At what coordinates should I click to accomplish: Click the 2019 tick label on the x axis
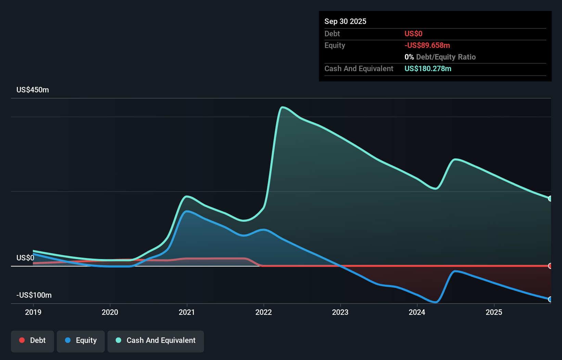coord(33,312)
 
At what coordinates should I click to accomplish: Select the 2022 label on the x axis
coord(264,312)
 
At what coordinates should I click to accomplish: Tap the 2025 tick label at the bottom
coord(494,312)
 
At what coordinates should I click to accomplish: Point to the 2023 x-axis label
coord(340,312)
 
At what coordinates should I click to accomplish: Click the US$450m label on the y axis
coord(33,90)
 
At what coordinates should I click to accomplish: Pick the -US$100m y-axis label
coord(34,295)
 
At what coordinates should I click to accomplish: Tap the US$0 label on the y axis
coord(25,258)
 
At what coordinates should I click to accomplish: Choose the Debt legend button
coord(33,340)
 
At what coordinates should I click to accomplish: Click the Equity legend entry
coord(81,340)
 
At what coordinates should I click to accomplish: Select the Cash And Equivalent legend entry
coord(156,340)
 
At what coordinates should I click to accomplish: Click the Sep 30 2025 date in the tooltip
coord(345,21)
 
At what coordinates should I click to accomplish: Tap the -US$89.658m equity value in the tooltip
coord(427,45)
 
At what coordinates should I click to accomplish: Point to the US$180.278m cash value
coord(428,68)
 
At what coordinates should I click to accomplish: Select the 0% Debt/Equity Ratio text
coord(440,57)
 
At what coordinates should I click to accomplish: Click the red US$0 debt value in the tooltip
coord(413,34)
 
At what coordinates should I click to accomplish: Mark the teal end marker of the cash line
coord(550,198)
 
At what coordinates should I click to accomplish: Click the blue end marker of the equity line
coord(550,299)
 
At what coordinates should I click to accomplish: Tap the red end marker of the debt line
coord(550,266)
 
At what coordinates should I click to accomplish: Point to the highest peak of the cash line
coord(282,107)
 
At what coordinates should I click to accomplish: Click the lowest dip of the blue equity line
coord(435,302)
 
